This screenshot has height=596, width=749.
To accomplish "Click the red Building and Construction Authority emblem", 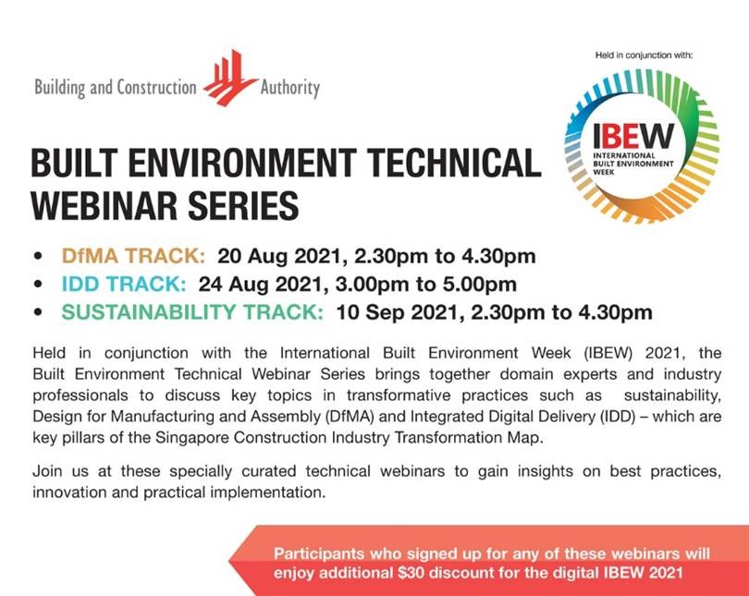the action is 230,78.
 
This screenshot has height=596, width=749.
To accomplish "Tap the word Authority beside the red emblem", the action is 290,89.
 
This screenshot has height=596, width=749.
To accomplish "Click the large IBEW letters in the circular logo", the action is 632,137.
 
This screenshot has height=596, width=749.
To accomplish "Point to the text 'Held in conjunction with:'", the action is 644,55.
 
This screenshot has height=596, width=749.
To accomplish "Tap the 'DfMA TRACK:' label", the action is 133,256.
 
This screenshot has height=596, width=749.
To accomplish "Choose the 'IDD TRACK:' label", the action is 124,284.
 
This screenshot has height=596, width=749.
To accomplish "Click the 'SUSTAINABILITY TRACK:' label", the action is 192,312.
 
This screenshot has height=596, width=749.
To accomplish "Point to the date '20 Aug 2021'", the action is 279,256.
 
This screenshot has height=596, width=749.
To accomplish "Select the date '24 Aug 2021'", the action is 260,285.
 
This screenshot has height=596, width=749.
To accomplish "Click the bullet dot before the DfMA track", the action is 38,256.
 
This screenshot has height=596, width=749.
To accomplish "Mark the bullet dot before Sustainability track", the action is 38,312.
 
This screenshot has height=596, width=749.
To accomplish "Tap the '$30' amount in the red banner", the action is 411,573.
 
